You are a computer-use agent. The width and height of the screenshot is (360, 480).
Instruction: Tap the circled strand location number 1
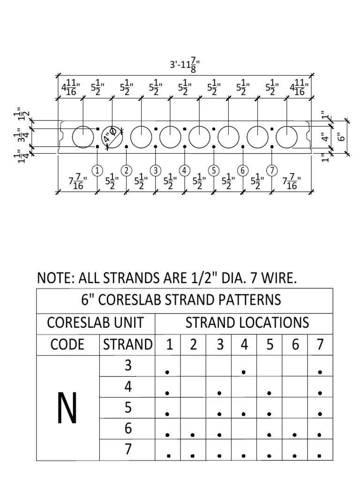[x=97, y=170]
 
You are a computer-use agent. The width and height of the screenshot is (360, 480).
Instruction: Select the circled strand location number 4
[x=185, y=170]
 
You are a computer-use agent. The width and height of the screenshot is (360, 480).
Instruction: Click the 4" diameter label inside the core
[x=111, y=138]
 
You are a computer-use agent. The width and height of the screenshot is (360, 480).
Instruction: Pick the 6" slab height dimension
[x=341, y=136]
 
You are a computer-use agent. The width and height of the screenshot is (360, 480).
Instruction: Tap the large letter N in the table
[x=67, y=408]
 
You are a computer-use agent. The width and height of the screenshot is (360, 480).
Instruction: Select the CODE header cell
[x=67, y=345]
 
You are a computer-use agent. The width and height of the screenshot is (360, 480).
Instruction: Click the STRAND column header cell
[x=127, y=345]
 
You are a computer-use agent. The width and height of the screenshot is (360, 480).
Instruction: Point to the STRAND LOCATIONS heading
[x=247, y=323]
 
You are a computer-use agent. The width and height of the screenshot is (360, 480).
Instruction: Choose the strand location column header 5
[x=270, y=345]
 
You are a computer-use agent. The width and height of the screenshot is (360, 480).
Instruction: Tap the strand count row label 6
[x=127, y=428]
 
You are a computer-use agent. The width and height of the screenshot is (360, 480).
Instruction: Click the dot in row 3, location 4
[x=244, y=372]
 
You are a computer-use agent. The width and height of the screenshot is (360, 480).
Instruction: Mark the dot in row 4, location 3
[x=219, y=393]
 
